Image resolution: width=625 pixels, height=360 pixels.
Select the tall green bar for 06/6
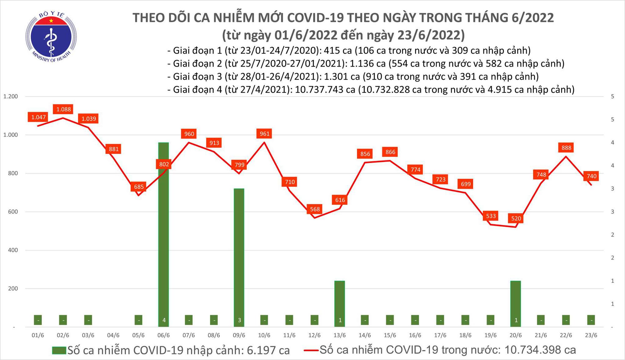(164, 234)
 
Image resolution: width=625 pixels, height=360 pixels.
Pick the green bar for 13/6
(340, 303)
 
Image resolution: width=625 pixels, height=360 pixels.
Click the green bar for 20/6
(516, 303)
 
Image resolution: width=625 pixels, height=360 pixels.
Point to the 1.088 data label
(63, 109)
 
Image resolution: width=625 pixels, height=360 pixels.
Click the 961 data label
(264, 134)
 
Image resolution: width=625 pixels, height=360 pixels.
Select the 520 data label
(516, 218)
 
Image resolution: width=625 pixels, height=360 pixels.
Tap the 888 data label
(566, 148)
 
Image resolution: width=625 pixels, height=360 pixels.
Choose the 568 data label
(315, 209)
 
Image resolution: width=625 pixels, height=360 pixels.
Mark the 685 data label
(139, 187)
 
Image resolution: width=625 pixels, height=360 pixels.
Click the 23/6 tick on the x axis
(591, 335)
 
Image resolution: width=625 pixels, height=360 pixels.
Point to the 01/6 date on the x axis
(38, 335)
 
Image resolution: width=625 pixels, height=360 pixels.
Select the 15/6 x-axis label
(390, 335)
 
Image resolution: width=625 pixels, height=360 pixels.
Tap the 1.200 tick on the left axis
(11, 97)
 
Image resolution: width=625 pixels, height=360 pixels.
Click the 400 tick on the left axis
(13, 250)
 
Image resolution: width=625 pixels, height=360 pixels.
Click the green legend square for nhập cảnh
(59, 350)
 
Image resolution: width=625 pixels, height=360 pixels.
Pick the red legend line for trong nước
(311, 350)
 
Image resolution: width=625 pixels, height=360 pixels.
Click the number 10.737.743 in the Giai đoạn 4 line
(325, 90)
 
